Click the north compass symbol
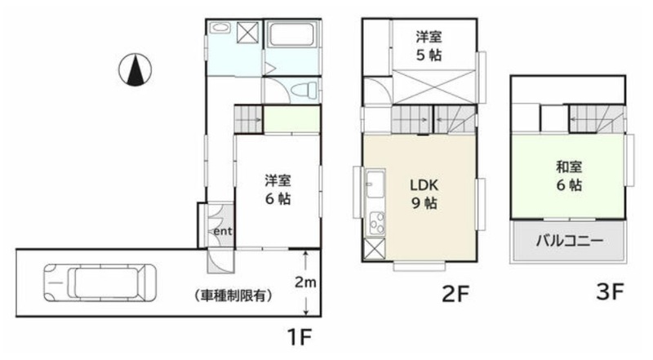tap(135, 70)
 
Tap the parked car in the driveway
tap(100, 282)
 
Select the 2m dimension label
tap(305, 282)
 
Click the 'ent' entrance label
tap(223, 231)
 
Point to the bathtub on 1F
tap(291, 35)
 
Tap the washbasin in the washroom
tap(220, 28)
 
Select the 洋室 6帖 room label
tap(278, 189)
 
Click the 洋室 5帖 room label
tap(429, 46)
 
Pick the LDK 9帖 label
tap(424, 193)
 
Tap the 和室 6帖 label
tap(569, 176)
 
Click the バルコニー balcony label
tap(569, 241)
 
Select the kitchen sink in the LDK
tap(375, 184)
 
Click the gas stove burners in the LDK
tap(377, 223)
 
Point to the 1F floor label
tap(300, 336)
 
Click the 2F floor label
tap(455, 294)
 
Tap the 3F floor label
tap(610, 291)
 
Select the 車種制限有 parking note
tap(233, 296)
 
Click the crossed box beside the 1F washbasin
tap(247, 33)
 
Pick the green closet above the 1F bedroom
tap(292, 119)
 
